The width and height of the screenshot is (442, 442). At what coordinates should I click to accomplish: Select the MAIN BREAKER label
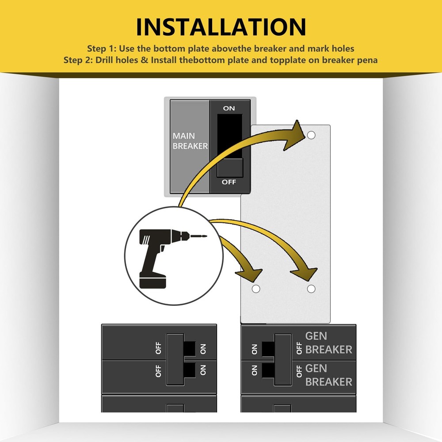[190, 141]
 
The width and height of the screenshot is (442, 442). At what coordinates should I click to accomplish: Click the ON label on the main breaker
[229, 108]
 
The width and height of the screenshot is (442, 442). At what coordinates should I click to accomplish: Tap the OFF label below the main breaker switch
[229, 182]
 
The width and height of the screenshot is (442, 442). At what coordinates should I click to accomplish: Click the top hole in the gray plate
[311, 135]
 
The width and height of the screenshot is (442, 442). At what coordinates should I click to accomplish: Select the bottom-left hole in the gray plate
[255, 289]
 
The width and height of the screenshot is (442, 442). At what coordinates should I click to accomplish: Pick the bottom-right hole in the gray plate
[311, 289]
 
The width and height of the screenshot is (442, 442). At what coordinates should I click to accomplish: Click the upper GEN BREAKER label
[328, 343]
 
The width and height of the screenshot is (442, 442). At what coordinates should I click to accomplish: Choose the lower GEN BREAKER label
[328, 374]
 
